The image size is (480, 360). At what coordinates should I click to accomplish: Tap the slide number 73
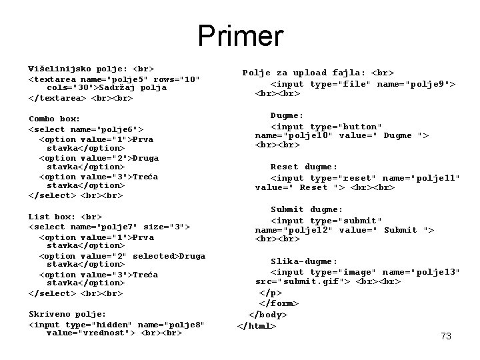(x=446, y=336)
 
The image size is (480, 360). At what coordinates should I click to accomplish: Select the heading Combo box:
(x=54, y=118)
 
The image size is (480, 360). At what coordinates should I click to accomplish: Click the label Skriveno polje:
(x=67, y=313)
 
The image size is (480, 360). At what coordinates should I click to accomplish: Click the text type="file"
(x=341, y=84)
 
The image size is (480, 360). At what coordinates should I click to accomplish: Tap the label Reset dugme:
(x=304, y=167)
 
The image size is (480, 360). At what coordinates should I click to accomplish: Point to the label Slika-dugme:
(x=304, y=261)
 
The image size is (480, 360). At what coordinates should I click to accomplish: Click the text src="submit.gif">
(x=300, y=281)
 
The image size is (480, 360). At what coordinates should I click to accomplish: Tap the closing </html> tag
(x=257, y=325)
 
